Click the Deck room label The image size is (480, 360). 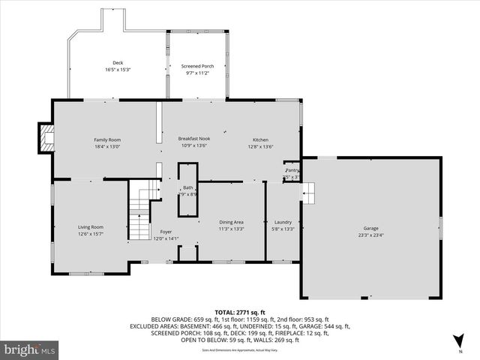pyautogui.click(x=118, y=63)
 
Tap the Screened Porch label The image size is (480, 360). pyautogui.click(x=197, y=66)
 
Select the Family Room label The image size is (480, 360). pyautogui.click(x=107, y=139)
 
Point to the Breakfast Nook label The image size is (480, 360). pyautogui.click(x=193, y=139)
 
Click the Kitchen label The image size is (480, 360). pyautogui.click(x=260, y=139)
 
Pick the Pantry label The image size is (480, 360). pyautogui.click(x=292, y=171)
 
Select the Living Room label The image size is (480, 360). pyautogui.click(x=91, y=226)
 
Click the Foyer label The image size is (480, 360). pyautogui.click(x=166, y=232)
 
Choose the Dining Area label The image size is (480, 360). pyautogui.click(x=231, y=222)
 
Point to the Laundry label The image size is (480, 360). pyautogui.click(x=283, y=222)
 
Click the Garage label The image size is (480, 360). pyautogui.click(x=371, y=228)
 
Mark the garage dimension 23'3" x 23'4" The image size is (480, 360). pyautogui.click(x=371, y=235)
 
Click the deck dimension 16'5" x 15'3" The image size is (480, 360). pyautogui.click(x=118, y=70)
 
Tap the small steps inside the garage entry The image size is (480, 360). pyautogui.click(x=309, y=195)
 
